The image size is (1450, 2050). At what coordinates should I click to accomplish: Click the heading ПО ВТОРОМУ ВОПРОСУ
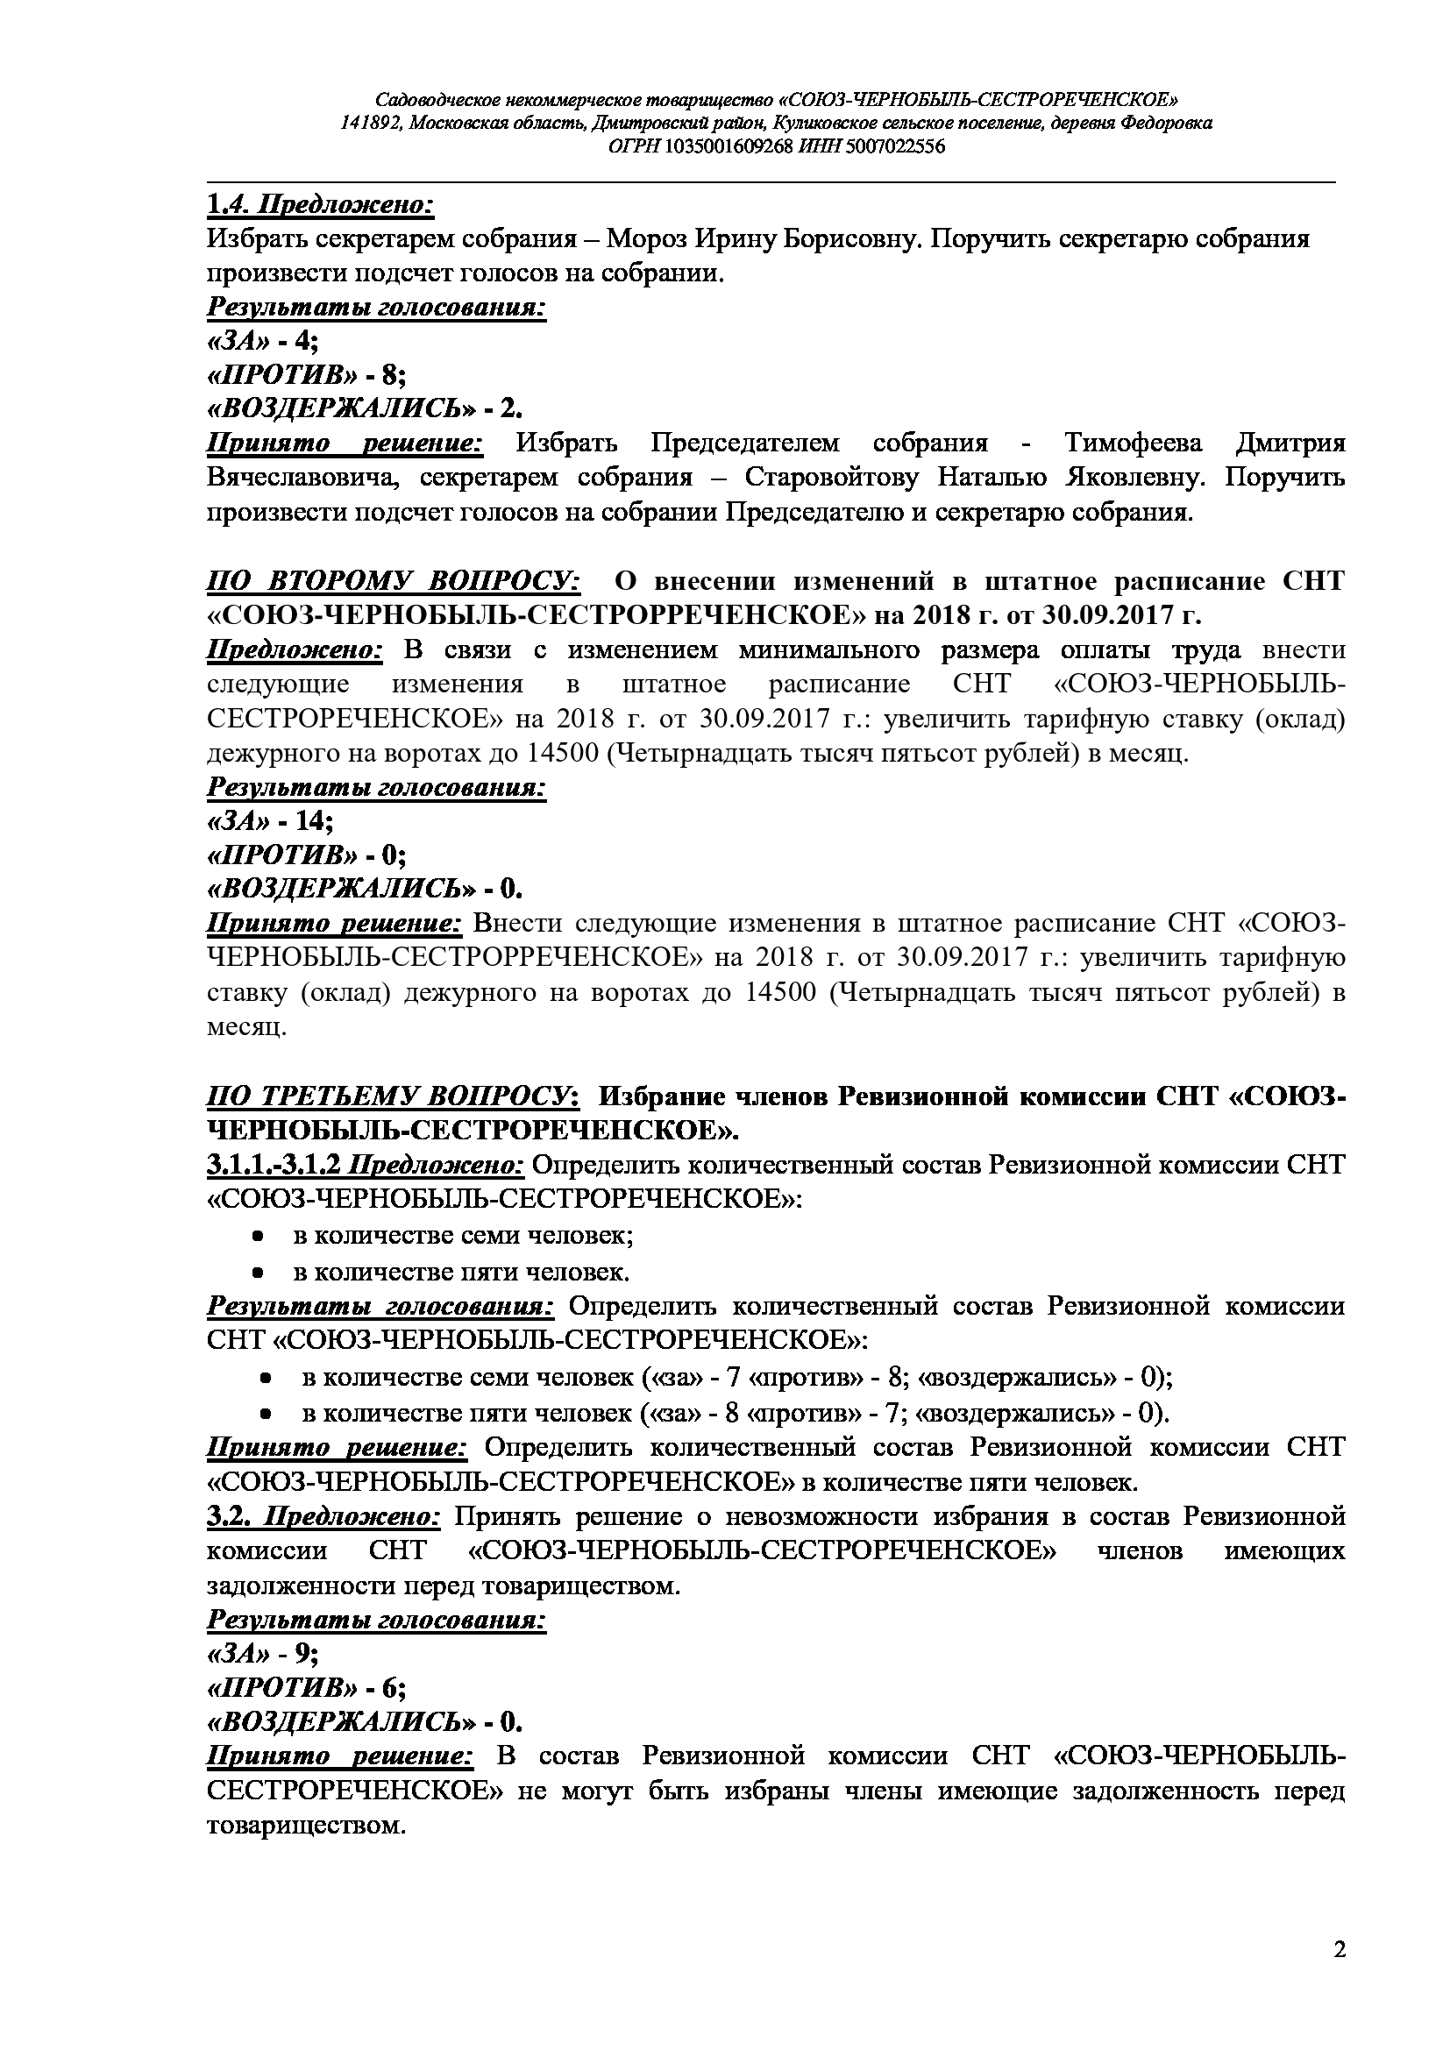tap(393, 582)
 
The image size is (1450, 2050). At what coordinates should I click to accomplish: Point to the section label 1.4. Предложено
tap(321, 205)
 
